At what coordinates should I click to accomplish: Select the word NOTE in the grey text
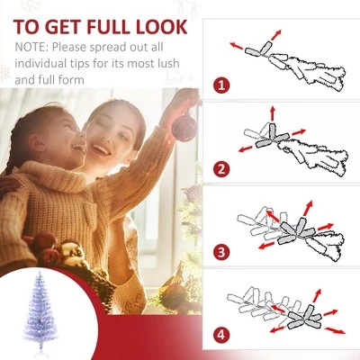32,48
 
